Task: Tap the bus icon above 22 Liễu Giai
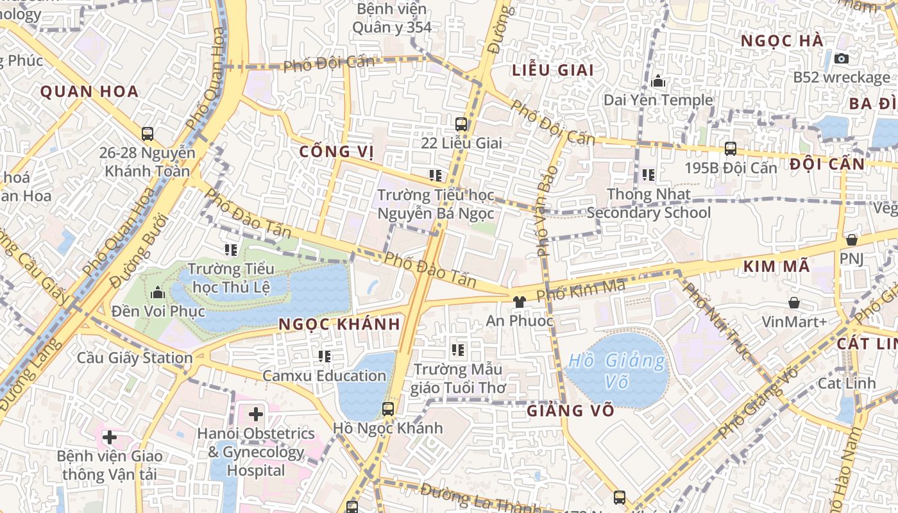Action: [461, 124]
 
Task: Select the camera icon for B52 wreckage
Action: [842, 58]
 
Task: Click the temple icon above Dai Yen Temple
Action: [658, 81]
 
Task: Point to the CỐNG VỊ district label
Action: [337, 151]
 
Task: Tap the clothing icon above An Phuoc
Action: [519, 301]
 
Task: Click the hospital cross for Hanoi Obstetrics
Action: [256, 414]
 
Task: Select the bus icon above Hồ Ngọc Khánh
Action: [387, 409]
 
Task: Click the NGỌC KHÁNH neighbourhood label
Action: [339, 324]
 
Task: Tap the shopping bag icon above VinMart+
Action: [794, 303]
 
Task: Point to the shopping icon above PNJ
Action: [851, 240]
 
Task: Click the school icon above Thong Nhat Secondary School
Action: [648, 174]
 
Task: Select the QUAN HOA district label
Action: [90, 91]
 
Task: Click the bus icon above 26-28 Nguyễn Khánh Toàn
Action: [148, 134]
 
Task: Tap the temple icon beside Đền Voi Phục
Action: [158, 293]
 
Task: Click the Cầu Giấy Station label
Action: [135, 358]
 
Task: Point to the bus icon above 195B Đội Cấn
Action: [730, 149]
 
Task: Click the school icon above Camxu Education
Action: [325, 356]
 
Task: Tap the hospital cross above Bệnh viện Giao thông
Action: [110, 437]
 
